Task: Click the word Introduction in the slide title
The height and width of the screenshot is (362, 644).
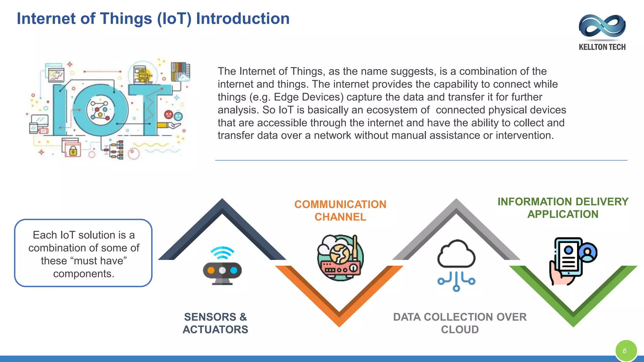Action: pos(242,19)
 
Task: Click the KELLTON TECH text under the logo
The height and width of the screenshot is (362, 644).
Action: pos(602,47)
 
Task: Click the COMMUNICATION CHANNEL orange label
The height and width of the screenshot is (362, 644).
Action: pos(340,211)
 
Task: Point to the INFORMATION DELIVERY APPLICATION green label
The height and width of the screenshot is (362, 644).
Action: pos(563,208)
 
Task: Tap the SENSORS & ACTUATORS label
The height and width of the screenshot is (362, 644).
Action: pos(215,323)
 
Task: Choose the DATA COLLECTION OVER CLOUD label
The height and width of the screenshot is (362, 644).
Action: pos(459,323)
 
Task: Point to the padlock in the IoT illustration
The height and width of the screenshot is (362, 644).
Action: pos(73,151)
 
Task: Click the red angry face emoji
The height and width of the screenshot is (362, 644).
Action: pos(169,115)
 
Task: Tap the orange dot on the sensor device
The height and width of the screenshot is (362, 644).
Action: pos(211,271)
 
